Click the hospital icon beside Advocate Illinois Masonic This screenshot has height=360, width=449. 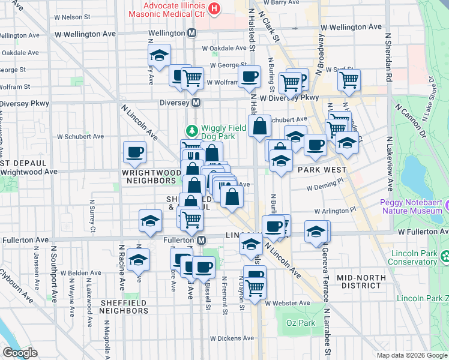point(214,9)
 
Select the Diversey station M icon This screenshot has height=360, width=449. point(196,103)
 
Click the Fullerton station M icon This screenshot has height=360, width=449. point(202,239)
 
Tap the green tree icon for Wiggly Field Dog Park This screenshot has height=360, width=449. point(191,130)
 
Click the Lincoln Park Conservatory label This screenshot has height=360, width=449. point(412,257)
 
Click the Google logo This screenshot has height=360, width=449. point(20,352)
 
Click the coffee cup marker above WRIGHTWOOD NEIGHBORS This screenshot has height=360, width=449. point(134,152)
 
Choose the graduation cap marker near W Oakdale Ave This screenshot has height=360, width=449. point(159,55)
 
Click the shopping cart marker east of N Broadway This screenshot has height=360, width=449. point(349,79)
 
